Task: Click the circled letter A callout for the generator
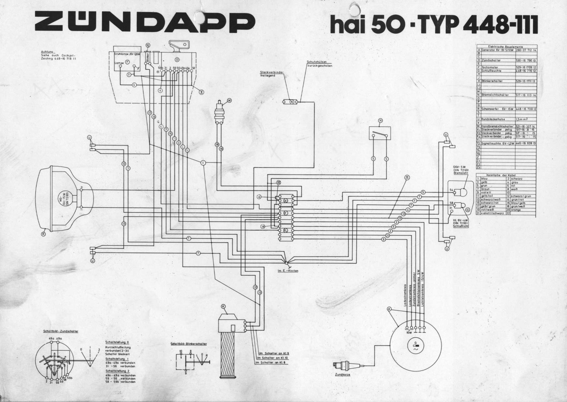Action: coord(389,309)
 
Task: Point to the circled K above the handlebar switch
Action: coord(223,306)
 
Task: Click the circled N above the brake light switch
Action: coord(380,121)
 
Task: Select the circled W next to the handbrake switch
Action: coord(229,100)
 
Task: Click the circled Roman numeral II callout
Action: coord(407,177)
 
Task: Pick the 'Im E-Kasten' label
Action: coord(288,271)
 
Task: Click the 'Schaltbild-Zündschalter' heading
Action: coord(61,331)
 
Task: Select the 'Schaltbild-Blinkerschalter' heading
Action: coord(189,344)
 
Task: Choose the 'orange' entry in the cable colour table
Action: coord(516,210)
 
